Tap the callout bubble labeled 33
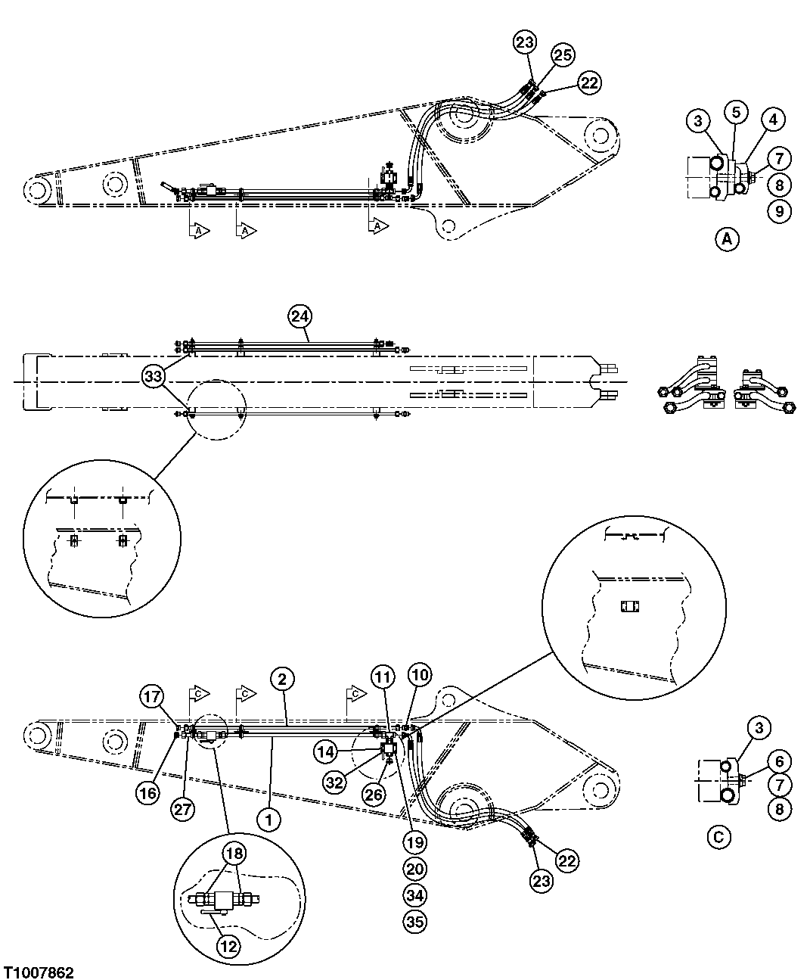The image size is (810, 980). click(154, 375)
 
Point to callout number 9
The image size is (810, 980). click(779, 210)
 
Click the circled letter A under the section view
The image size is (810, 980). click(727, 240)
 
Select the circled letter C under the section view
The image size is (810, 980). click(718, 838)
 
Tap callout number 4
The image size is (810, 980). click(773, 119)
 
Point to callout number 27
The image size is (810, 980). click(183, 808)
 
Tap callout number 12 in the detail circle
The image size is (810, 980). click(229, 944)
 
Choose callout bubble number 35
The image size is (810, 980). click(415, 922)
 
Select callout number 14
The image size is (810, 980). click(327, 751)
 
